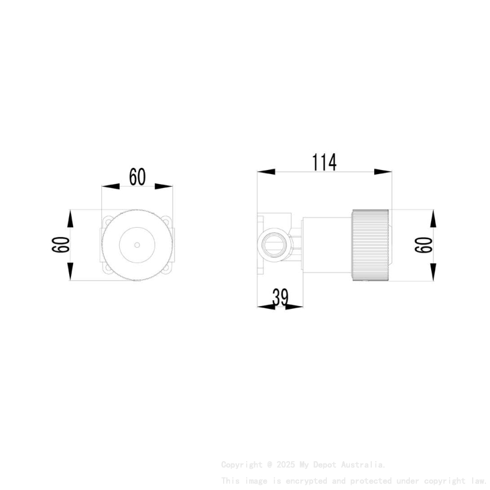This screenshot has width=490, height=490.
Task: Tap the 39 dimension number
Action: (x=280, y=297)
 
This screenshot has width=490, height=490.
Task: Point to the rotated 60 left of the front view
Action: (x=61, y=245)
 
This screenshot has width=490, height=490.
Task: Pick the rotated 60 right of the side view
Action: (x=424, y=245)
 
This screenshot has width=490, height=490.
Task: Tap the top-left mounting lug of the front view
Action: (x=107, y=221)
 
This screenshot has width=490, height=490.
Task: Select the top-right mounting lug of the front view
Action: (x=168, y=221)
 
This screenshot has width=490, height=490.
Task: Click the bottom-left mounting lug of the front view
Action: (x=107, y=269)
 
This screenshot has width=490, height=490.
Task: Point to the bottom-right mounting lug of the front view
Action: (x=168, y=269)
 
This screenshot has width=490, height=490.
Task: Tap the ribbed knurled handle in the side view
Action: (x=371, y=245)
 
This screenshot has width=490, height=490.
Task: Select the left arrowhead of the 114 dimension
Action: (x=266, y=172)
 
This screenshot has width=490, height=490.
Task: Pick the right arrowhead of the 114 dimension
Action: (x=383, y=172)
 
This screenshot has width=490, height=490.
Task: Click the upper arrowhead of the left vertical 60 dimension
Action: (x=70, y=218)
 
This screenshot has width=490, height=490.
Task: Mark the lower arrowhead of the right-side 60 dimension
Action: (x=432, y=272)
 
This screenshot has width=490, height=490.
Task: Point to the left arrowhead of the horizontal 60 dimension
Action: (x=110, y=187)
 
